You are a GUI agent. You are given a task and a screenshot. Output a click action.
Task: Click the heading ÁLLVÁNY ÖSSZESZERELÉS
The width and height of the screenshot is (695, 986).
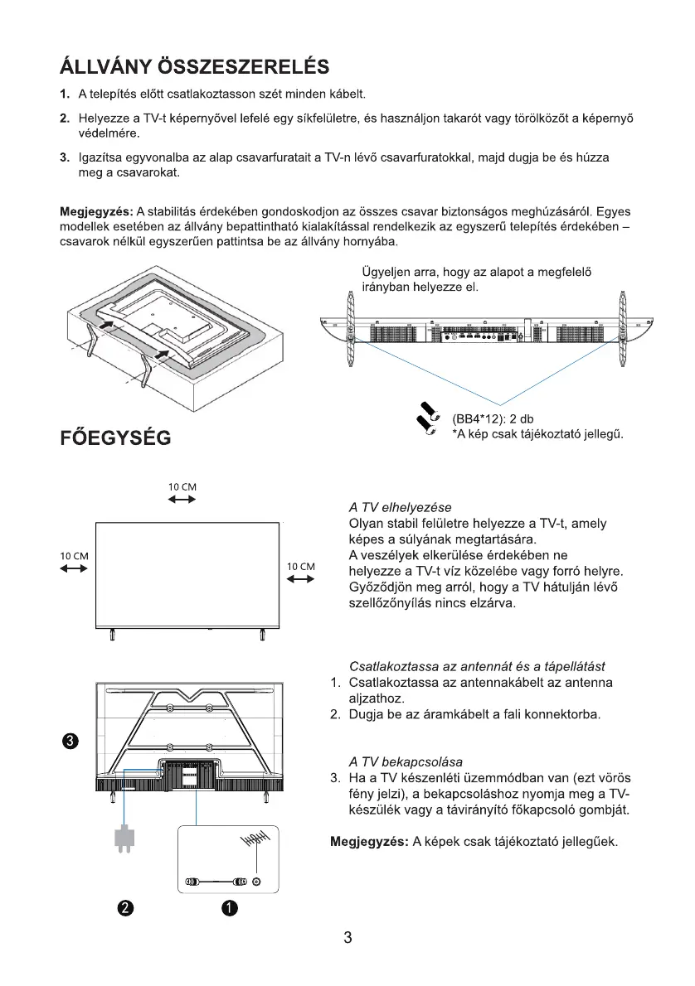[x=194, y=65]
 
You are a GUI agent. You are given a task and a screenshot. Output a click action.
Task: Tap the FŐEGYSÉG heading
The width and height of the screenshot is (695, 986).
[x=115, y=437]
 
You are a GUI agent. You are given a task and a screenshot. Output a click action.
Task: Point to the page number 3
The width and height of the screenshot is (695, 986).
[x=347, y=938]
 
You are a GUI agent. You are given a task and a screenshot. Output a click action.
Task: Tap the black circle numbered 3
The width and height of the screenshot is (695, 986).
[x=71, y=741]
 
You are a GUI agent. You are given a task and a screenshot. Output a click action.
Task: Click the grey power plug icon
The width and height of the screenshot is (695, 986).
[x=124, y=838]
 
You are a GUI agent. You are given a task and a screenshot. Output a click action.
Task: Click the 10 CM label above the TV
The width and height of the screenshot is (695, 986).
[x=182, y=487]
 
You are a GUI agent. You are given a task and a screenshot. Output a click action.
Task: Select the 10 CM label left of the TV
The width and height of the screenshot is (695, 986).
[x=74, y=555]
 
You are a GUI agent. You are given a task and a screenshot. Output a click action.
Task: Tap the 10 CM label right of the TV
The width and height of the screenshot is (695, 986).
[x=300, y=567]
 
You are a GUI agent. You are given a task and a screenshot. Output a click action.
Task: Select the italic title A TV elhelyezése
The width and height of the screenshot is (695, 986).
[x=401, y=507]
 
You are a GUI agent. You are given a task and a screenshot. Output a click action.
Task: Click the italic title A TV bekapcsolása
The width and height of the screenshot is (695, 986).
[x=406, y=761]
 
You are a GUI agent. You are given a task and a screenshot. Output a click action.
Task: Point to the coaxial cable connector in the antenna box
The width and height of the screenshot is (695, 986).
[x=218, y=882]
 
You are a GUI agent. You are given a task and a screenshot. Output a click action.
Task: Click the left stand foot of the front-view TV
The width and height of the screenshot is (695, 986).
[x=112, y=636]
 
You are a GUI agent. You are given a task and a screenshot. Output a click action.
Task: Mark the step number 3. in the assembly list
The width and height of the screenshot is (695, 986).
[x=64, y=157]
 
